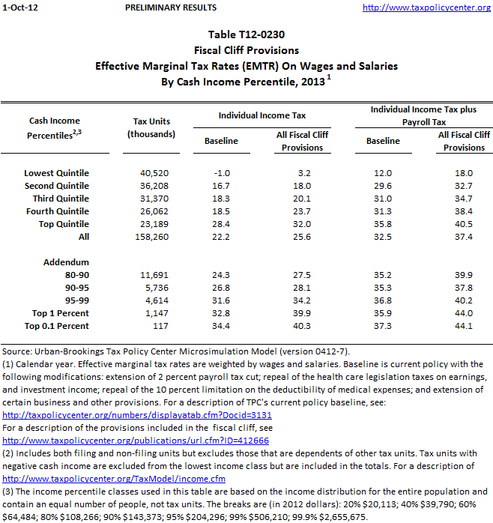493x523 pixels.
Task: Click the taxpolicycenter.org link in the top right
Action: click(426, 7)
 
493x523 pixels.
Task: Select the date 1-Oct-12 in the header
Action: click(19, 7)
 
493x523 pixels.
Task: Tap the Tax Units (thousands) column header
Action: click(151, 127)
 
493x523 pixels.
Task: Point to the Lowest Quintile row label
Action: click(56, 173)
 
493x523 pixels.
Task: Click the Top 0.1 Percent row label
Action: click(56, 326)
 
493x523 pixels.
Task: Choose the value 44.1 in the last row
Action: click(465, 326)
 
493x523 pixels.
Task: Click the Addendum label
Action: click(67, 262)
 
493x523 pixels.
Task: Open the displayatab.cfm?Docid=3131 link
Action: click(137, 414)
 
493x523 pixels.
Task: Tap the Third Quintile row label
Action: click(61, 199)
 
